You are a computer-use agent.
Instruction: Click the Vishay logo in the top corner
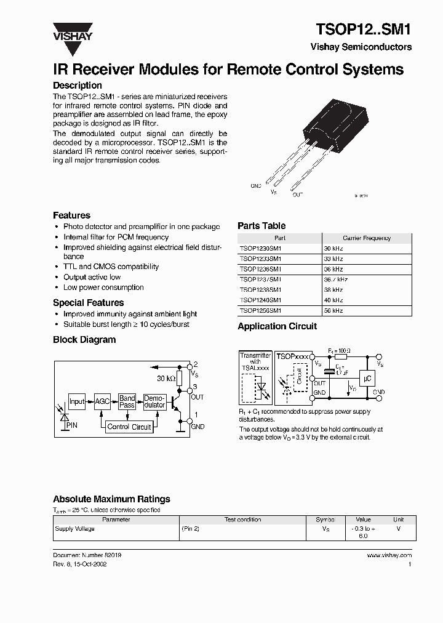click(x=72, y=31)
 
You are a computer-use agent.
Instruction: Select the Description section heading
click(x=78, y=86)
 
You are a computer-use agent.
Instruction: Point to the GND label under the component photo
click(x=256, y=185)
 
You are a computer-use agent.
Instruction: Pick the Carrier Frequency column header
click(x=367, y=238)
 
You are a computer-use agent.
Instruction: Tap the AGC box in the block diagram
click(x=102, y=402)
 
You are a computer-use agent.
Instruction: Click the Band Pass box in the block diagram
click(x=127, y=402)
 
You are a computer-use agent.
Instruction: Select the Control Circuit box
click(x=129, y=427)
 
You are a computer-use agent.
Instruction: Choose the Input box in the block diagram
click(x=77, y=402)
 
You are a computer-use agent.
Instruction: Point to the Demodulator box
click(x=154, y=402)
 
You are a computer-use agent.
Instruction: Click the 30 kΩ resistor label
click(x=166, y=378)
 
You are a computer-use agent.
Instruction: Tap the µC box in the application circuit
click(x=367, y=379)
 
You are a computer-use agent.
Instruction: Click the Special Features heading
click(x=88, y=303)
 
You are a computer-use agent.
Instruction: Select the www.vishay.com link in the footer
click(x=389, y=555)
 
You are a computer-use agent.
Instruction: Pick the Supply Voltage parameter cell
click(x=75, y=529)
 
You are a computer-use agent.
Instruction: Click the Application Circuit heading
click(x=277, y=326)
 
